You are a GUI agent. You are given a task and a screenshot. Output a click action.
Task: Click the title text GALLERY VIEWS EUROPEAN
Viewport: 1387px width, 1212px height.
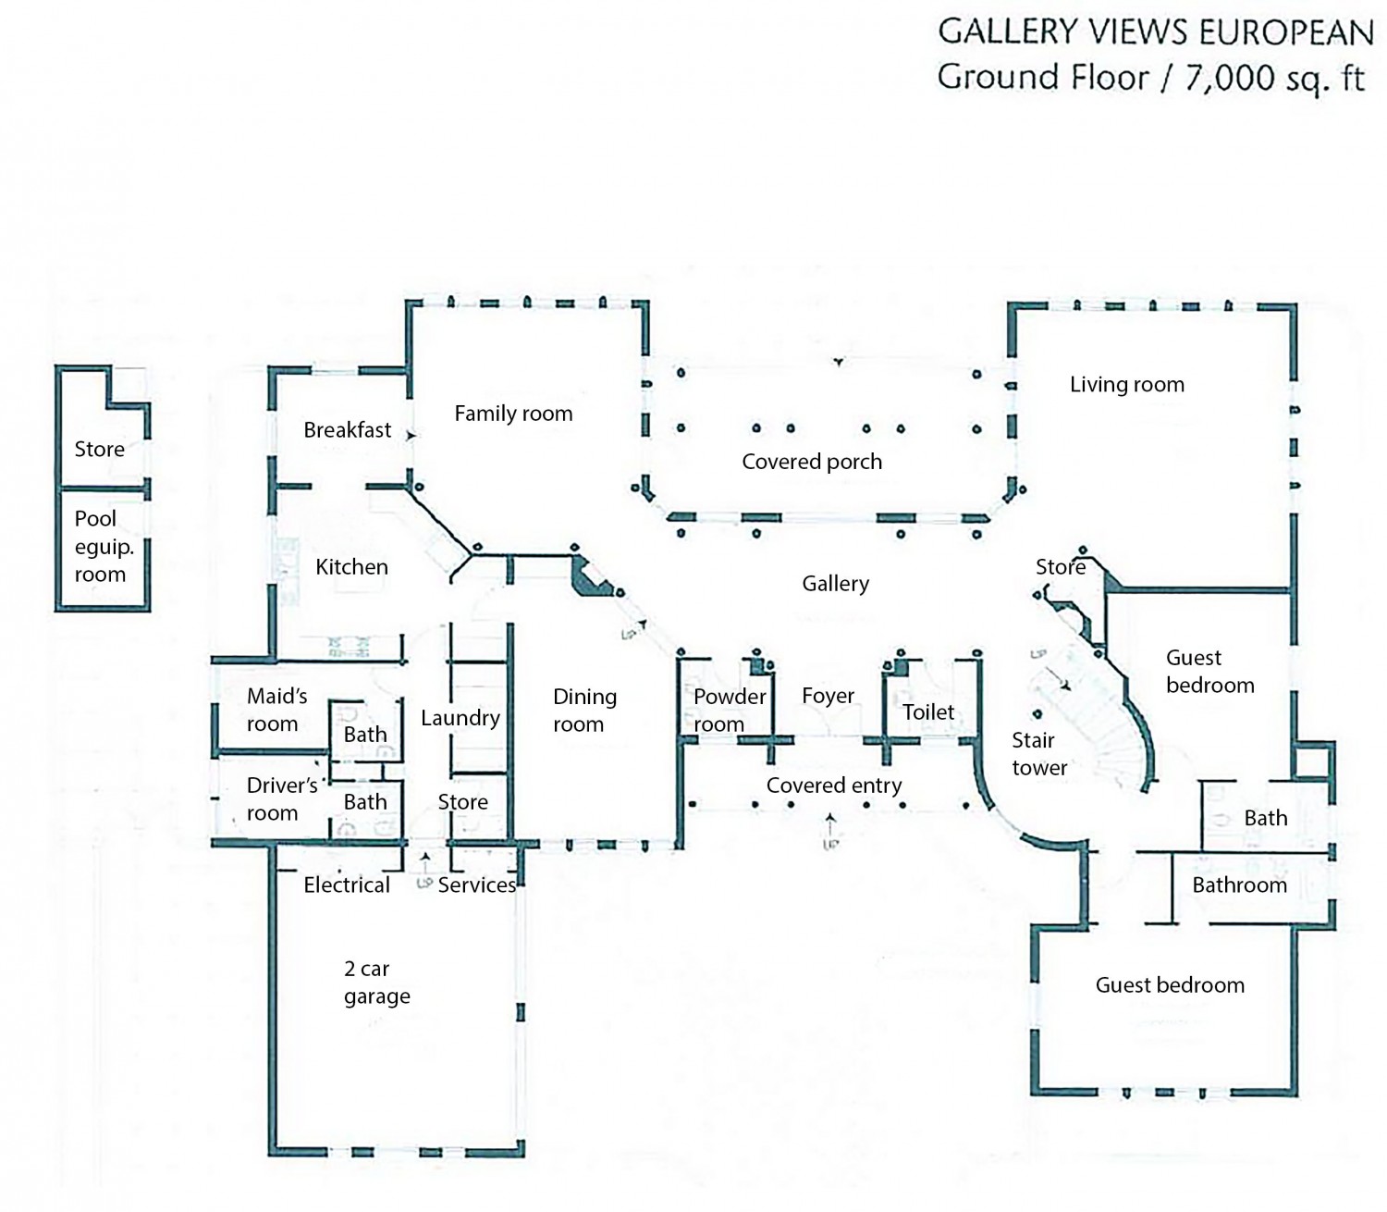(x=1155, y=32)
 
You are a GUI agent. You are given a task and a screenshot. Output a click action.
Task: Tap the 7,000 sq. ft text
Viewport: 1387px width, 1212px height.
(x=1274, y=78)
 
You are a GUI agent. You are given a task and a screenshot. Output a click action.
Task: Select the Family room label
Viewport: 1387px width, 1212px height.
(x=513, y=414)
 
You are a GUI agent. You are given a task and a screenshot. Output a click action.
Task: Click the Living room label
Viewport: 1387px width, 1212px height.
(x=1126, y=385)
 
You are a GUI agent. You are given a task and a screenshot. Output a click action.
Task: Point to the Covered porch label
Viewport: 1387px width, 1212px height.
(x=812, y=462)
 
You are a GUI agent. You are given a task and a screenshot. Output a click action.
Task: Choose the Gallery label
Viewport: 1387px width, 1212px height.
(x=835, y=584)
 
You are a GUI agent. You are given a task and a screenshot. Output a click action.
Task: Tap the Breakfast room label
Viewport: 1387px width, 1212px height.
(x=347, y=430)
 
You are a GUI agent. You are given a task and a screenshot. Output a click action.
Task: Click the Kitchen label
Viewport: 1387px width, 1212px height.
(x=351, y=567)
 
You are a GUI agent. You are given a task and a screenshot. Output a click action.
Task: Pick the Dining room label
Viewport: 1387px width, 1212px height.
(x=583, y=711)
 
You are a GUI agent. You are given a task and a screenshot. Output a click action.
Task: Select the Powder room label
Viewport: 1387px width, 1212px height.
(x=729, y=711)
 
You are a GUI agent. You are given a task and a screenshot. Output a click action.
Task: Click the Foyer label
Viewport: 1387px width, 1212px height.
(x=828, y=696)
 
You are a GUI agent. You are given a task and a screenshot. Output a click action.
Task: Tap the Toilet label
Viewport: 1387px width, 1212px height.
(x=927, y=712)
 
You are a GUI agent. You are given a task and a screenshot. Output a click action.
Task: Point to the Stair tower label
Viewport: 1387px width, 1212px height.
(x=1038, y=754)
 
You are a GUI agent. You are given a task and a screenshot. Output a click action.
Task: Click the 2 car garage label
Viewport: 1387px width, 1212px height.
(x=376, y=983)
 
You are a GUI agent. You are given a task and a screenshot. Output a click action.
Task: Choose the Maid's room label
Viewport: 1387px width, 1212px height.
(x=276, y=711)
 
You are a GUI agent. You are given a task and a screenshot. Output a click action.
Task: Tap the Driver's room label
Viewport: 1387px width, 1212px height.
(x=280, y=799)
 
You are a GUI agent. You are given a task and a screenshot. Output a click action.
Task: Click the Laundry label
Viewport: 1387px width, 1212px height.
(x=460, y=718)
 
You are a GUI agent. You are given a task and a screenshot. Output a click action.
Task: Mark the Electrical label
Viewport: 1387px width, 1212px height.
(x=347, y=885)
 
